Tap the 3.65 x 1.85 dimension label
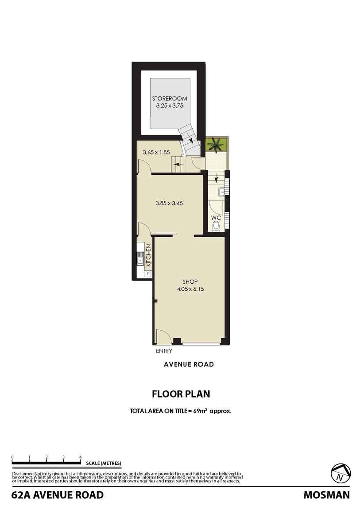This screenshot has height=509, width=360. (x=156, y=152)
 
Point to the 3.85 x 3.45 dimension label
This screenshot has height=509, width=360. (x=169, y=204)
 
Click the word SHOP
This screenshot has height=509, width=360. (x=190, y=282)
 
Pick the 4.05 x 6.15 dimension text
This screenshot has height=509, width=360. (x=190, y=289)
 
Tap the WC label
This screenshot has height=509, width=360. (x=216, y=217)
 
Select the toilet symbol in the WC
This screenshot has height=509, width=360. (x=216, y=226)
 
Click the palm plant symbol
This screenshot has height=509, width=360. (x=217, y=145)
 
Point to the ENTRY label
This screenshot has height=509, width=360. (x=164, y=351)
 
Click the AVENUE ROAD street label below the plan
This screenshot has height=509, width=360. (x=189, y=364)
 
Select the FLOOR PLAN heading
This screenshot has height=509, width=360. (x=181, y=394)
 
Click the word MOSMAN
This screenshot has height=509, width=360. (x=327, y=495)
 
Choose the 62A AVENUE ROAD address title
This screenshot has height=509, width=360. (x=58, y=495)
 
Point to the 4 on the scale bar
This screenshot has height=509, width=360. (x=81, y=457)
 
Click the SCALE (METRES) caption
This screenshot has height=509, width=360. (x=104, y=463)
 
